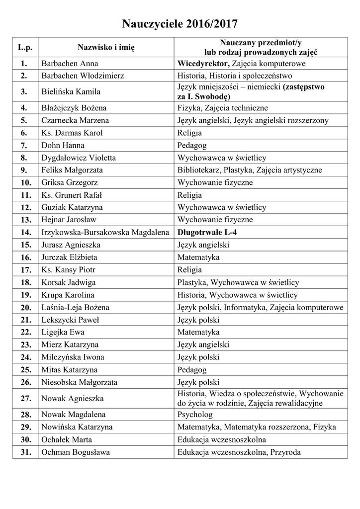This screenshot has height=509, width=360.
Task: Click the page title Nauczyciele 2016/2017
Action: (x=180, y=23)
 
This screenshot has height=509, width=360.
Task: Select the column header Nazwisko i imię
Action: (x=106, y=47)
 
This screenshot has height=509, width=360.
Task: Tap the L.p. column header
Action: (x=25, y=47)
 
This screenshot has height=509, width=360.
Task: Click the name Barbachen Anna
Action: (x=70, y=64)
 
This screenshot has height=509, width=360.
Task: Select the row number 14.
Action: (x=25, y=232)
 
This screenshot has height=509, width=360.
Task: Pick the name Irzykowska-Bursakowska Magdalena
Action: (x=105, y=232)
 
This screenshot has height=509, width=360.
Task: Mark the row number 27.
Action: (x=25, y=398)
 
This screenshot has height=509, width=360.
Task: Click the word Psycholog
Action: (x=195, y=415)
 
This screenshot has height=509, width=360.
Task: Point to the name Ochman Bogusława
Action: (x=76, y=452)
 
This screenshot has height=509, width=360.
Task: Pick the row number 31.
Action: (x=25, y=452)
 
